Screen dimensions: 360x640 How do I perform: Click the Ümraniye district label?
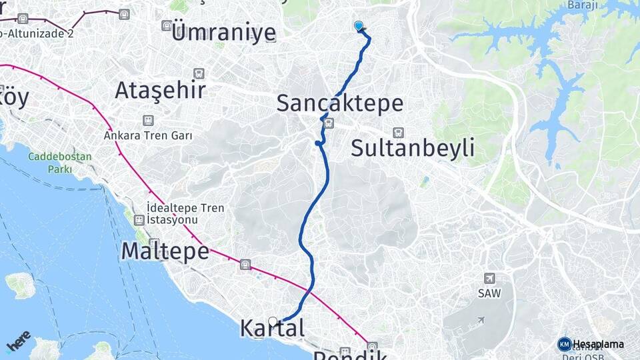click(x=223, y=31)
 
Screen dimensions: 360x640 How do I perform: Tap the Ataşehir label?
click(x=160, y=90)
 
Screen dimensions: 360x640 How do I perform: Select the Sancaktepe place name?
click(x=339, y=103)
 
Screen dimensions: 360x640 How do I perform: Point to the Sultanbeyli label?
click(x=413, y=147)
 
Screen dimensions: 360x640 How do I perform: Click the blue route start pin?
click(x=359, y=26)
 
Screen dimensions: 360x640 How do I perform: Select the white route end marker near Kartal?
click(x=272, y=321)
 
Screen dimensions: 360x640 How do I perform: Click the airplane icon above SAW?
click(x=490, y=278)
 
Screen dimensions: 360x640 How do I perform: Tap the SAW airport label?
click(x=489, y=293)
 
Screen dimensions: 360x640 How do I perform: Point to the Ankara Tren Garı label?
click(x=148, y=135)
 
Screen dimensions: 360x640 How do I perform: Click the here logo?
click(x=18, y=341)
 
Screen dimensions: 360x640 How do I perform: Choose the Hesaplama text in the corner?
click(x=599, y=344)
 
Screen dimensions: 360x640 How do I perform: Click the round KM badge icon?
click(x=564, y=344)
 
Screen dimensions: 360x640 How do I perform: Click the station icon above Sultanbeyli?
click(x=398, y=132)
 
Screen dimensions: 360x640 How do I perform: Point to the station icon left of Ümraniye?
click(x=166, y=25)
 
